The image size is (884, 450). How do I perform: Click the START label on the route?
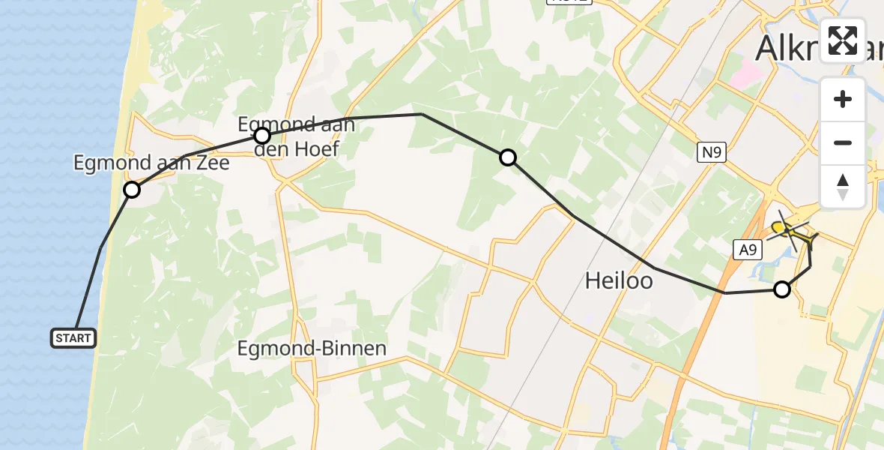73,338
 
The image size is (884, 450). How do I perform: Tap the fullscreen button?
843,40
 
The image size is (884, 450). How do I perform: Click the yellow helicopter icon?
790,231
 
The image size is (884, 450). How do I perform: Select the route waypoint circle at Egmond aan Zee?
132,190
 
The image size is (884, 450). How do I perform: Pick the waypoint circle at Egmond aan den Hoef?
261,136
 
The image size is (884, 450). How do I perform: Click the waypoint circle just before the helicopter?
781,289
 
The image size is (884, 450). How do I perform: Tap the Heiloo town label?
618,281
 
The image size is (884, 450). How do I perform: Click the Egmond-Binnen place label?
312,348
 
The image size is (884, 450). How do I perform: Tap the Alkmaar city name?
787,49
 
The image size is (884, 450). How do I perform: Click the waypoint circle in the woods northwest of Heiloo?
508,157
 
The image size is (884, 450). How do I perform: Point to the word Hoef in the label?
317,149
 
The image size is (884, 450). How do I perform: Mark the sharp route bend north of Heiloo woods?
422,114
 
